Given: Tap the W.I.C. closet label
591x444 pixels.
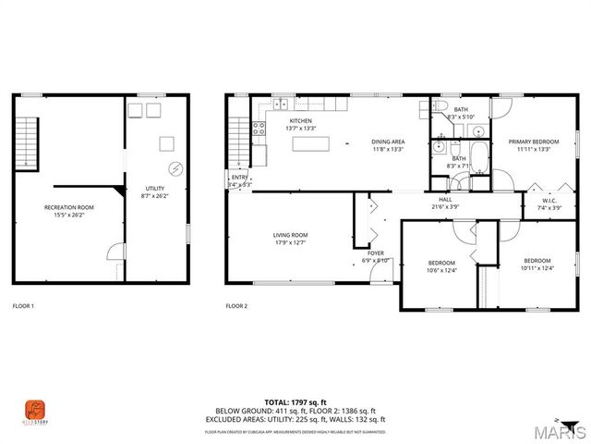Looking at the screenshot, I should coord(548,201).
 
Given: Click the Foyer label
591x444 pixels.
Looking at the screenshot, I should coord(376,253).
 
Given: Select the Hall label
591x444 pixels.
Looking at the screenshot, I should coord(445,199).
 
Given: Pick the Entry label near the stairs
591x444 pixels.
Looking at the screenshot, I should coord(239,177).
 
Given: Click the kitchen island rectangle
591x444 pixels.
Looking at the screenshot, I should coord(311,143).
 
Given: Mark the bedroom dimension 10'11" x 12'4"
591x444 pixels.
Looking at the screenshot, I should coord(537,268).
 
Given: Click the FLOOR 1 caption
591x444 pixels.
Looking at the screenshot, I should coord(23,305).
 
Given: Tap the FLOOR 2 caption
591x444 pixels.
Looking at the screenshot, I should coord(236,305).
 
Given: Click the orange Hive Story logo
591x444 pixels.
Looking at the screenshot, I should coord(33,409).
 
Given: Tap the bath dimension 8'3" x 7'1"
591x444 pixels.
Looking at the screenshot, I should coord(458,166).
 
